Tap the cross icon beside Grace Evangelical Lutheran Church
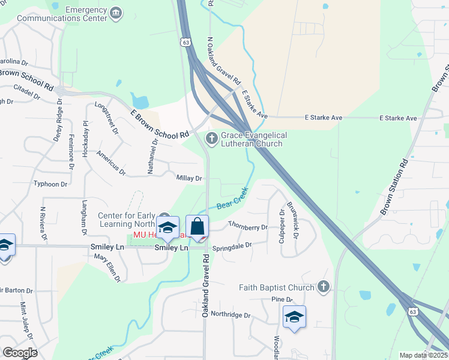click(211, 139)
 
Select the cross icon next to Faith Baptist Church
click(324, 286)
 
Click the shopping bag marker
click(197, 227)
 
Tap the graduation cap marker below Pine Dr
click(294, 317)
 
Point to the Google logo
click(20, 352)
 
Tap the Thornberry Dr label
click(248, 227)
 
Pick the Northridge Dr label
click(231, 314)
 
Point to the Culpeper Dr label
click(282, 223)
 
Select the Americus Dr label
click(110, 163)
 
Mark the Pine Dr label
click(281, 299)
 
